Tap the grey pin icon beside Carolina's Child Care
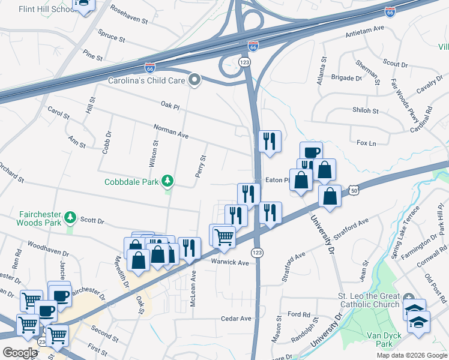[x=194, y=80]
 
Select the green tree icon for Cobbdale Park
[x=169, y=181]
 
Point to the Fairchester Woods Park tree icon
[x=71, y=216]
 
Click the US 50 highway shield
[x=355, y=190]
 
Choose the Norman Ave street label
[x=171, y=132]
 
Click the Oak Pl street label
[x=170, y=105]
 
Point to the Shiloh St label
[x=366, y=110]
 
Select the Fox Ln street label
[x=366, y=143]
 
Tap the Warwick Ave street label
[x=229, y=263]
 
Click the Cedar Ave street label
[x=235, y=319]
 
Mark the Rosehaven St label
[x=129, y=16]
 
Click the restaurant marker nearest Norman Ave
[x=270, y=141]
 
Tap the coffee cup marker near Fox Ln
[x=311, y=152]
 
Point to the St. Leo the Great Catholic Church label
[x=368, y=300]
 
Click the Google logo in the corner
[x=20, y=353]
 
